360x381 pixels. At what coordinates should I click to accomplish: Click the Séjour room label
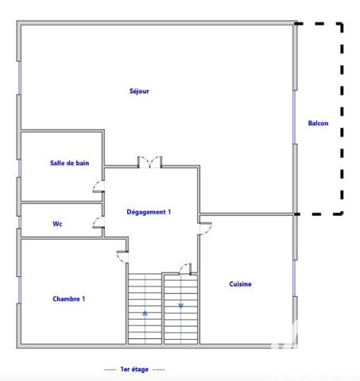[139, 90]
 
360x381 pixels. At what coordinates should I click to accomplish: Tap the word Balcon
[318, 123]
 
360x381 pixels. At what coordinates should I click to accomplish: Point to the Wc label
[57, 224]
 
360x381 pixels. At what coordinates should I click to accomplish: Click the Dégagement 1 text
[149, 212]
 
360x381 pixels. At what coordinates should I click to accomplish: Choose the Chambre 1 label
[68, 298]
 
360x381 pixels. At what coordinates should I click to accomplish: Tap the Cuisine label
[241, 284]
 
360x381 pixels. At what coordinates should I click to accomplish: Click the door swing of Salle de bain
[98, 188]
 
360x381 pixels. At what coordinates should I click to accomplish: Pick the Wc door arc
[98, 226]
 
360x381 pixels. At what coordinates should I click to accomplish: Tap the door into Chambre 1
[122, 257]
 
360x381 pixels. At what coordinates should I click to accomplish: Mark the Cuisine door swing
[204, 227]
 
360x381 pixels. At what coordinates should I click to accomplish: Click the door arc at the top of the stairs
[185, 267]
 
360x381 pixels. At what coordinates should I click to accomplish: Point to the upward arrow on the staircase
[145, 313]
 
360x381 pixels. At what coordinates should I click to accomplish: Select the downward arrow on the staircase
[180, 304]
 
